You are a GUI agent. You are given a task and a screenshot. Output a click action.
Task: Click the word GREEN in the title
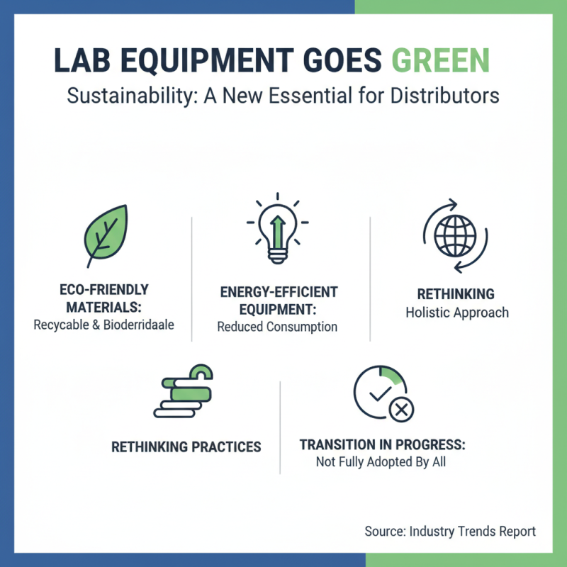click(x=442, y=61)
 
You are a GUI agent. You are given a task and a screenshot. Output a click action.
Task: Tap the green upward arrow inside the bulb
click(x=278, y=227)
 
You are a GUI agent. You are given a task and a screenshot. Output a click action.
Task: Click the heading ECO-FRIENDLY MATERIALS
click(x=103, y=298)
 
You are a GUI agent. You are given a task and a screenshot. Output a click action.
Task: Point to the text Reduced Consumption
click(x=277, y=327)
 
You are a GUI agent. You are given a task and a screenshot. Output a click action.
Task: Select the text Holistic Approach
click(x=456, y=313)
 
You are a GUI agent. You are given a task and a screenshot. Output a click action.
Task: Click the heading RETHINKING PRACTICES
click(x=186, y=447)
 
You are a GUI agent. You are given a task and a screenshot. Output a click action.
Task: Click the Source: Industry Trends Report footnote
click(x=450, y=531)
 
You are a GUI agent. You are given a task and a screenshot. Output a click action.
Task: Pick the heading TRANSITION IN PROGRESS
click(x=382, y=445)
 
